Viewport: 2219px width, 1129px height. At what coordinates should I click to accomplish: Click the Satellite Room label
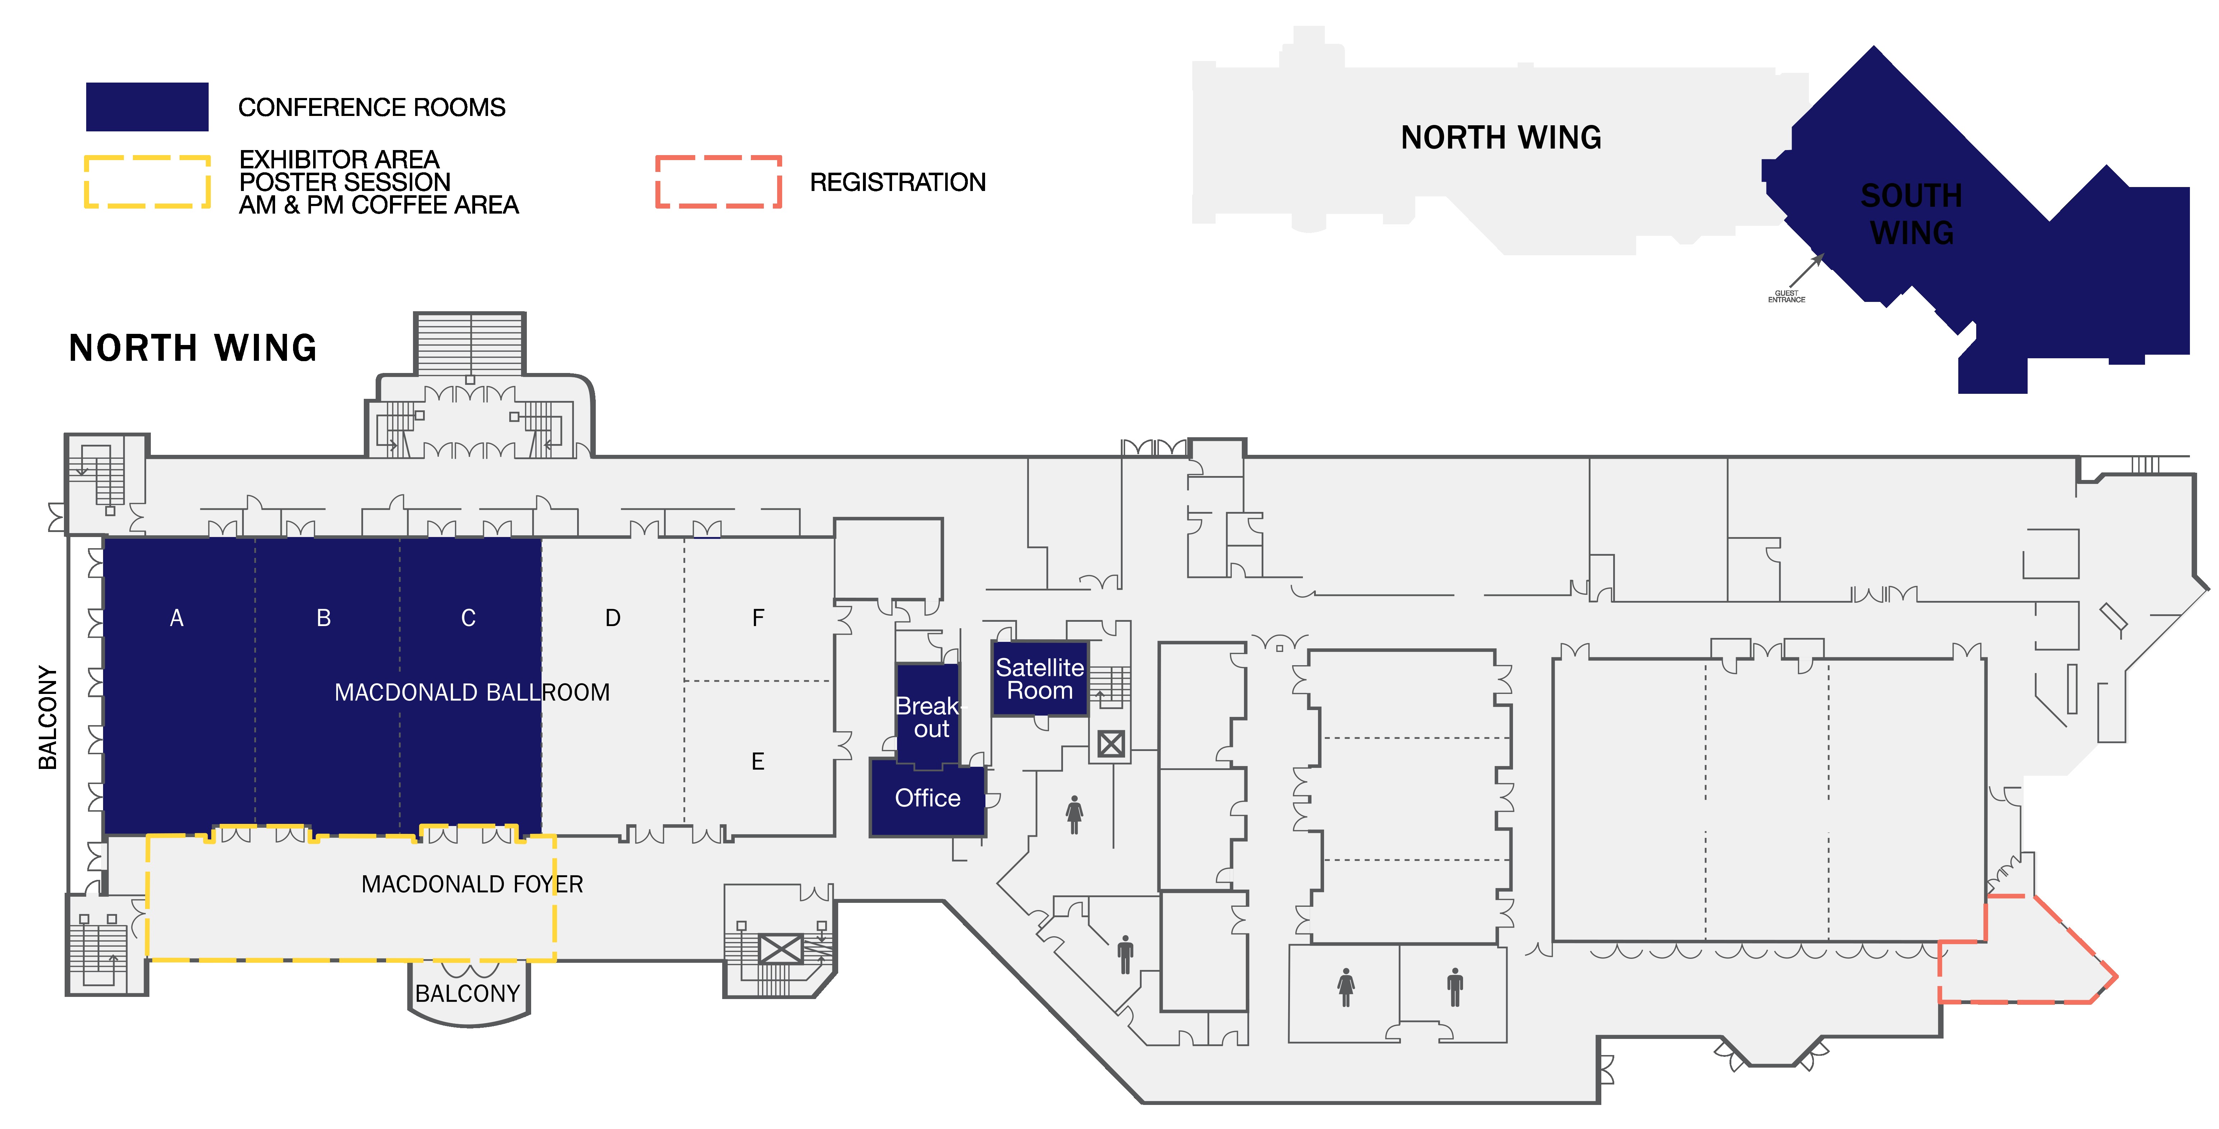pyautogui.click(x=1040, y=678)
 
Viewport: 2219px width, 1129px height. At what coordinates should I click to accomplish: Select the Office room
pyautogui.click(x=928, y=798)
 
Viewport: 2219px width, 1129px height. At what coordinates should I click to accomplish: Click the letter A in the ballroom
pyautogui.click(x=177, y=618)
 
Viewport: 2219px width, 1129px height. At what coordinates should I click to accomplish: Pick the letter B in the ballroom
pyautogui.click(x=324, y=618)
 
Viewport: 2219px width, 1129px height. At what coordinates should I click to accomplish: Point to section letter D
pyautogui.click(x=612, y=618)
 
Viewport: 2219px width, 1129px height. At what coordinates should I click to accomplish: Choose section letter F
pyautogui.click(x=758, y=618)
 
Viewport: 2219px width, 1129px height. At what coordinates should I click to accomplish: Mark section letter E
pyautogui.click(x=758, y=761)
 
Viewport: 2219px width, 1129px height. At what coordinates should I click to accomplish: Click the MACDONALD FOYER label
pyautogui.click(x=472, y=885)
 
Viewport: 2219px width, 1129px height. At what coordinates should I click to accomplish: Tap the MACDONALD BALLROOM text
pyautogui.click(x=472, y=692)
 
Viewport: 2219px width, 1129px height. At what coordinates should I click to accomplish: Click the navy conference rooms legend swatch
pyautogui.click(x=147, y=107)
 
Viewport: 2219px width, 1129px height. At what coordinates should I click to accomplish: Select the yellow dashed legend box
pyautogui.click(x=147, y=182)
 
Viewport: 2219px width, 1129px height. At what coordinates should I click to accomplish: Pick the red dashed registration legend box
pyautogui.click(x=718, y=182)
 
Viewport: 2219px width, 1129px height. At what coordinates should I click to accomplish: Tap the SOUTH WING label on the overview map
pyautogui.click(x=1912, y=214)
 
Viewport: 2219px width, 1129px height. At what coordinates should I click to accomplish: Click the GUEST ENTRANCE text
pyautogui.click(x=1787, y=296)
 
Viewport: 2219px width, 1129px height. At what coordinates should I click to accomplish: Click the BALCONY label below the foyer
pyautogui.click(x=468, y=994)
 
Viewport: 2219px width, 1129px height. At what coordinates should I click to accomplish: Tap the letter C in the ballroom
pyautogui.click(x=469, y=618)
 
